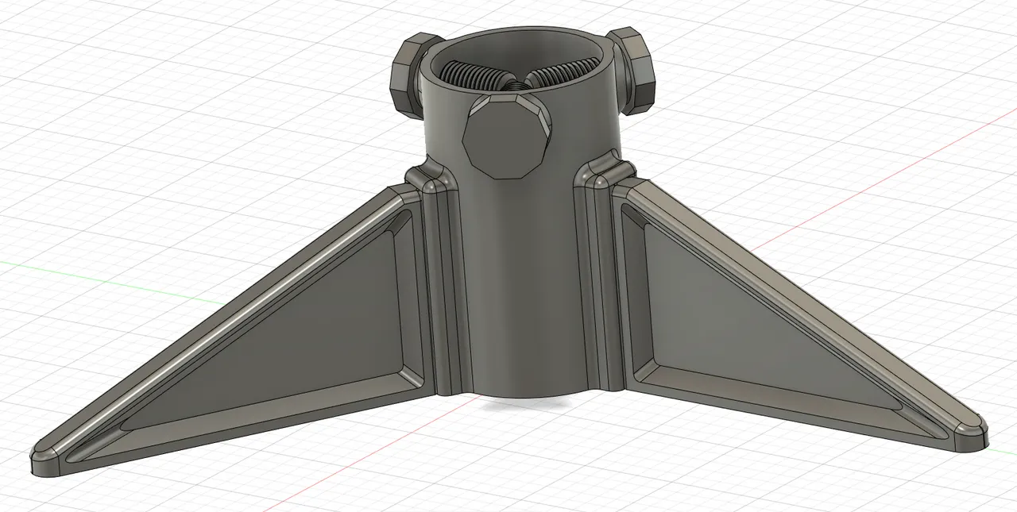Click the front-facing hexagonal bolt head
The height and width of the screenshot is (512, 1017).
click(505, 137)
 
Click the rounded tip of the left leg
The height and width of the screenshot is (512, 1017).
click(48, 460)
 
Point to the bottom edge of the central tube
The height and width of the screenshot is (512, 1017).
click(520, 395)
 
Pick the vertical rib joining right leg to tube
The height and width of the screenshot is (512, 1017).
click(600, 286)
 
